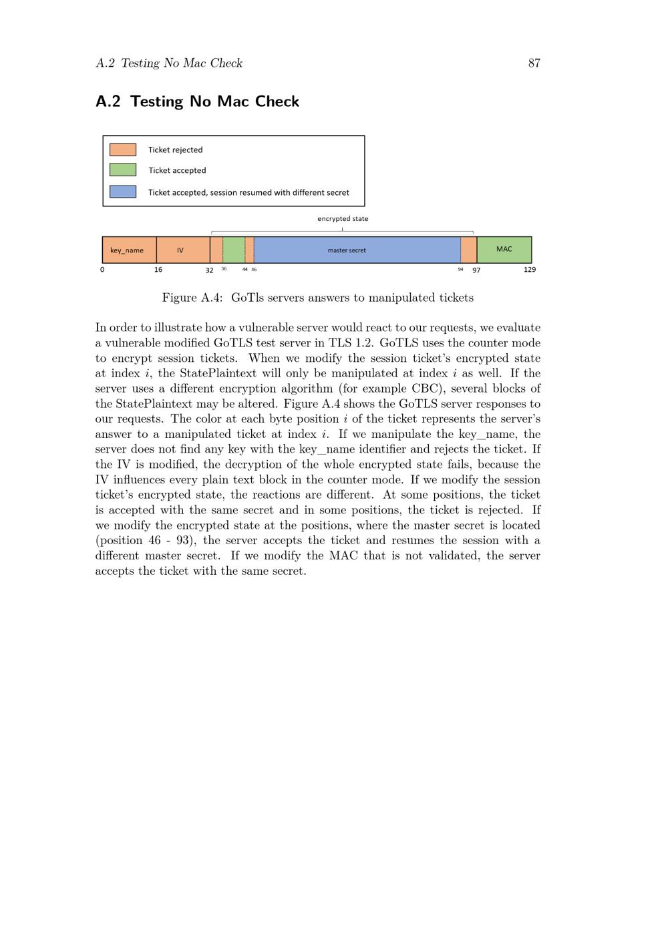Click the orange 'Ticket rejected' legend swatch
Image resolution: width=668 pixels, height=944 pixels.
tap(123, 150)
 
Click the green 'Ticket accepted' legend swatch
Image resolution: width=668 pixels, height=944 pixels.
tap(123, 170)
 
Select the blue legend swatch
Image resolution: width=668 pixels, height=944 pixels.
tap(123, 192)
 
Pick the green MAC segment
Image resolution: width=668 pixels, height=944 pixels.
tap(504, 250)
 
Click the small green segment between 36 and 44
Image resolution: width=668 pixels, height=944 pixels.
tap(234, 250)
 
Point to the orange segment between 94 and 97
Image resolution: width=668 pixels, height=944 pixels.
tap(468, 250)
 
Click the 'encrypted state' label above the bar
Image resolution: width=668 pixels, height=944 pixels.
tap(343, 218)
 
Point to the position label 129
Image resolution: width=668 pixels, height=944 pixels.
tap(530, 270)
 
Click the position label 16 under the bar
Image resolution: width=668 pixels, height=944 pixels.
tap(158, 270)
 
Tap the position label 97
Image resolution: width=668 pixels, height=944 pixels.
tap(476, 270)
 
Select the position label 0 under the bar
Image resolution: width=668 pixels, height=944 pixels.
tap(102, 270)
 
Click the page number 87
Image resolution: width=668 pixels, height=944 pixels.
tap(534, 63)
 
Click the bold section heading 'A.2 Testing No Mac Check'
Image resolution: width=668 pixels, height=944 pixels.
tap(197, 101)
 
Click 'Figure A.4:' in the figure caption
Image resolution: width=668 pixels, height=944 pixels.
tap(192, 298)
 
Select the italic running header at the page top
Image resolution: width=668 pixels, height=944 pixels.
tap(169, 63)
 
